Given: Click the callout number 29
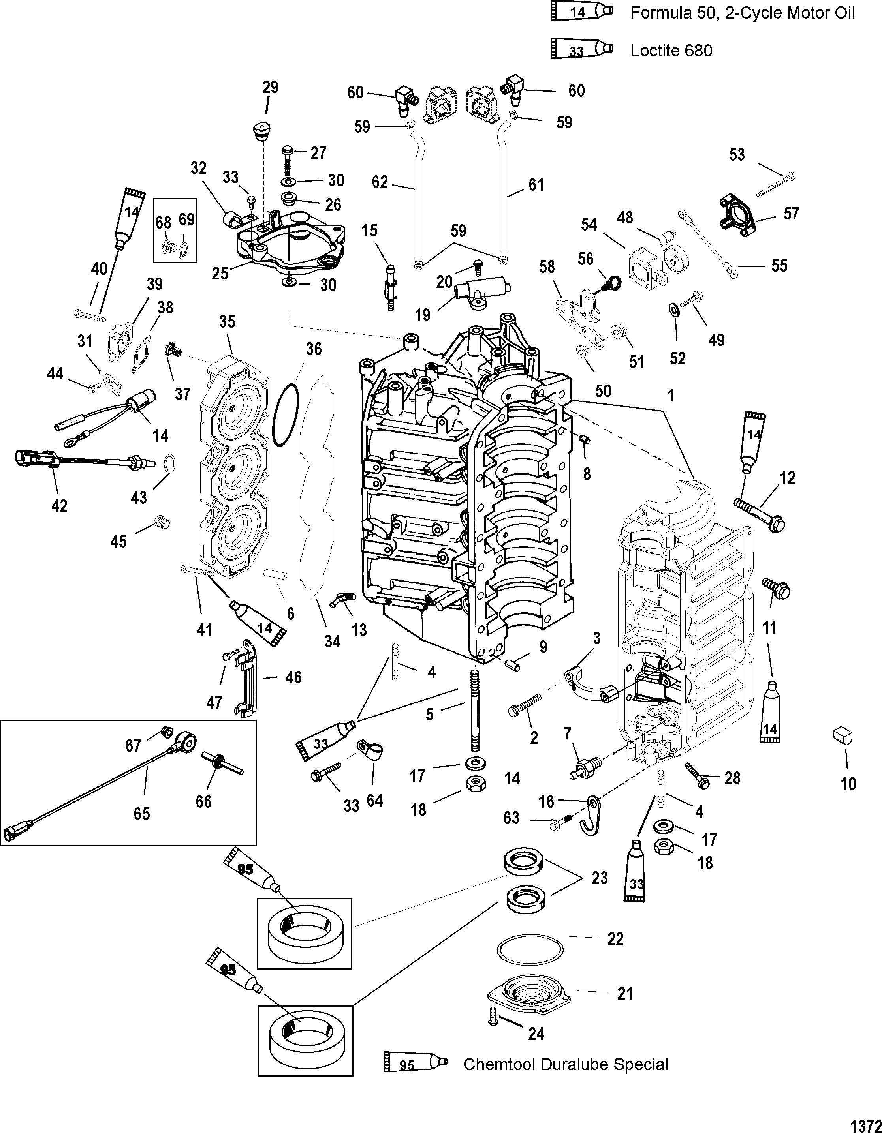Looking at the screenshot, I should pyautogui.click(x=270, y=87).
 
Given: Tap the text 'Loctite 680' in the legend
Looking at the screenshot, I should pyautogui.click(x=671, y=50).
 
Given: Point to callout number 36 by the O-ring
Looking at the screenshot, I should pyautogui.click(x=314, y=349).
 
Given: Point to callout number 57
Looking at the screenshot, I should pyautogui.click(x=791, y=213).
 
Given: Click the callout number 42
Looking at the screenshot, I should pyautogui.click(x=60, y=505).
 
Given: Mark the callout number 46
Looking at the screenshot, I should pyautogui.click(x=293, y=677).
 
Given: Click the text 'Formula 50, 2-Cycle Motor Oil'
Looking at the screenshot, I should pyautogui.click(x=742, y=13).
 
